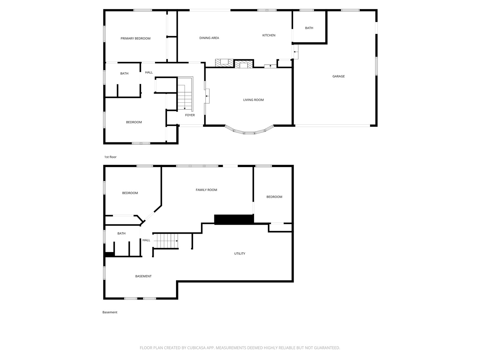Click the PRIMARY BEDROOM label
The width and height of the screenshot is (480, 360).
pyautogui.click(x=135, y=38)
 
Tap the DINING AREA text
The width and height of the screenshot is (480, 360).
pyautogui.click(x=209, y=38)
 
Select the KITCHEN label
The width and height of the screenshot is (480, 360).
pyautogui.click(x=269, y=35)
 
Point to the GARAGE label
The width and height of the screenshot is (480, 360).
pyautogui.click(x=338, y=76)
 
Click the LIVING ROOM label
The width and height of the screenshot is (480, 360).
pyautogui.click(x=253, y=100)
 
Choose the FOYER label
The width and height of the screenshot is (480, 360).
pyautogui.click(x=190, y=115)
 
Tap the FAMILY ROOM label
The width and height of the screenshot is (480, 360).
pyautogui.click(x=206, y=190)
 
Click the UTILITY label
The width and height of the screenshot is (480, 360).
pyautogui.click(x=239, y=254)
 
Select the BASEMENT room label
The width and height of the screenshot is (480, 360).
pyautogui.click(x=143, y=276)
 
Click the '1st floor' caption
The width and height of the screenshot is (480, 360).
pyautogui.click(x=110, y=157)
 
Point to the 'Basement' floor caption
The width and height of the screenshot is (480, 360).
pyautogui.click(x=110, y=312)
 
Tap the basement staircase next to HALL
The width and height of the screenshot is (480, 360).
pyautogui.click(x=166, y=241)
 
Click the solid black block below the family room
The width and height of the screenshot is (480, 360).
pyautogui.click(x=234, y=219)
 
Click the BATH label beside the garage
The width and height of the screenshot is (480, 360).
pyautogui.click(x=309, y=28)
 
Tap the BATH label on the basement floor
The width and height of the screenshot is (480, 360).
pyautogui.click(x=121, y=233)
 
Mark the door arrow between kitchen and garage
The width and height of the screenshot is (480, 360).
pyautogui.click(x=296, y=52)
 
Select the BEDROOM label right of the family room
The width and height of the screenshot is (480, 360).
pyautogui.click(x=274, y=197)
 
